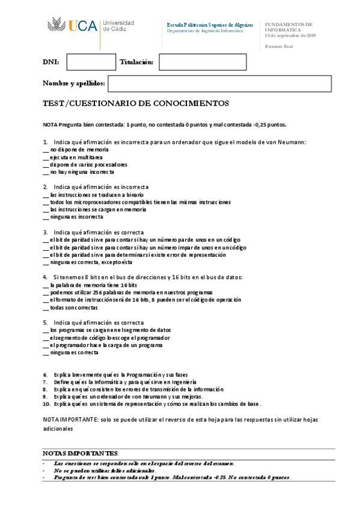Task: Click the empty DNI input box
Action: coord(91,62)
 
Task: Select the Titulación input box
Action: coord(186,62)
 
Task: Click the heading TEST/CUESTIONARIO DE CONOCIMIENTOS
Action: coord(136,103)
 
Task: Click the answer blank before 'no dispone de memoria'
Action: coord(46,150)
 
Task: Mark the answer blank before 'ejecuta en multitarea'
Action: coord(46,157)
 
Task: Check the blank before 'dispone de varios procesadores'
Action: coord(46,165)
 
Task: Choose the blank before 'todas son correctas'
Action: coord(46,307)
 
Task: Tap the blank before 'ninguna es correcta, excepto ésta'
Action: coord(46,262)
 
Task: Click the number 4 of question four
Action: coord(45,277)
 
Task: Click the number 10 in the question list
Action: coord(46,404)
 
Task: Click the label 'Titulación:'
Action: coord(136,62)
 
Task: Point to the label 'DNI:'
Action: coord(50,62)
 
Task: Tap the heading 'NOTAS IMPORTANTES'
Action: coord(81,452)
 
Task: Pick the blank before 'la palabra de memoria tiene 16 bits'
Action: coord(46,285)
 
